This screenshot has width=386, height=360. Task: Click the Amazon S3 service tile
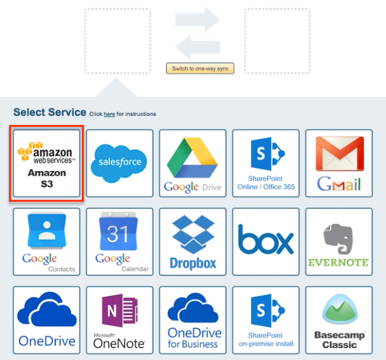pos(46,164)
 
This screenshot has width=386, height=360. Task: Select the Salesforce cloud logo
pos(120,162)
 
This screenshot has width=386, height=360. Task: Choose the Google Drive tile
pos(192,162)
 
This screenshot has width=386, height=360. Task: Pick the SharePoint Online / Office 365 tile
pos(266,162)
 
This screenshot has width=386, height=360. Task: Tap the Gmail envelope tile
pos(339,162)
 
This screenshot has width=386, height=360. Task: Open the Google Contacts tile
pos(46,241)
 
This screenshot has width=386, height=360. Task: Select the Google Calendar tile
pos(120,241)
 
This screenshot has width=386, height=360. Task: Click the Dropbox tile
pos(192,241)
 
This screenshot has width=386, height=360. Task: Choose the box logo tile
pos(266,241)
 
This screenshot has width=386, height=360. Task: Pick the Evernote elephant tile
pos(339,241)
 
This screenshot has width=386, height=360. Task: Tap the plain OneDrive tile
pos(46,319)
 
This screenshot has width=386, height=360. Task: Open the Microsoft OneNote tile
pos(120,319)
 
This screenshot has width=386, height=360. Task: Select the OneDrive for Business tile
pos(192,319)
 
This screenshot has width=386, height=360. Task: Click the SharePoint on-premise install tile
pos(266,319)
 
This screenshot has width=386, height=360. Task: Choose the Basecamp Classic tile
pos(339,319)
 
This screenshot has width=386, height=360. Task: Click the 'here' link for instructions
pos(109,114)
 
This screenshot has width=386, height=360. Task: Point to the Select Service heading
pos(50,112)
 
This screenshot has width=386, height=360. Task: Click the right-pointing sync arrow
pos(198,19)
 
